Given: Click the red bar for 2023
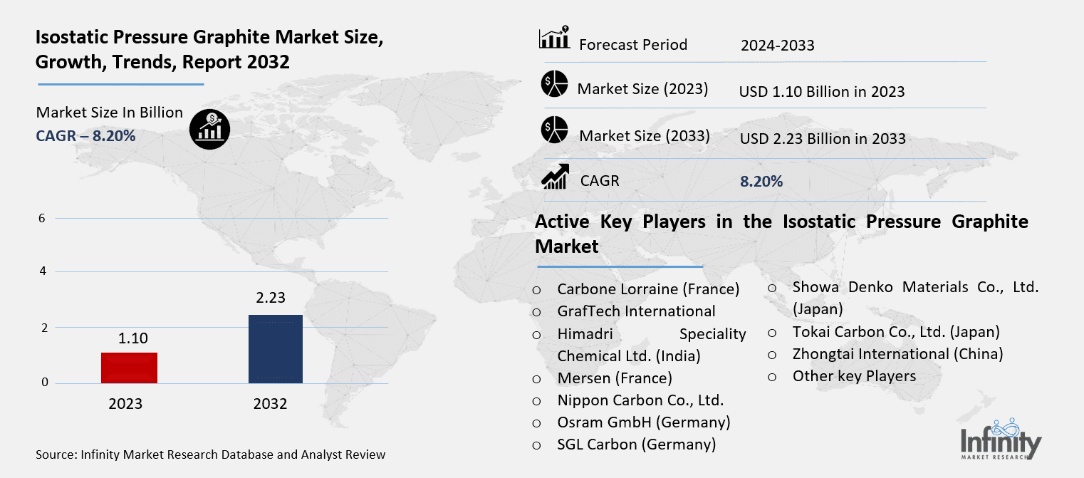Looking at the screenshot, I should point(129,368).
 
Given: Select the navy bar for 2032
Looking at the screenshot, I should point(275,348).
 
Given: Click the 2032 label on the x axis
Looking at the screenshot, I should point(270,404).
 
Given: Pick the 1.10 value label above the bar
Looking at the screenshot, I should point(132,338).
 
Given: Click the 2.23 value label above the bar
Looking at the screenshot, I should point(271,298).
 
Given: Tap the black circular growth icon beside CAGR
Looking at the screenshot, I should point(209,128).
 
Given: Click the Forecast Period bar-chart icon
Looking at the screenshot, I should point(554,38).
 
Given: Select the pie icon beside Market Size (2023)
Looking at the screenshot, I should point(553,84).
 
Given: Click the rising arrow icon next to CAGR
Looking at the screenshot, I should point(555,177).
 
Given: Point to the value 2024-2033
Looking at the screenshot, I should point(777,46).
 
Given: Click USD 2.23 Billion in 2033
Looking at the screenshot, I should point(823,138).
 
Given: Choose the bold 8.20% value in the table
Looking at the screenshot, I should point(761,182).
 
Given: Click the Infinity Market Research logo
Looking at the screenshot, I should point(1001,437).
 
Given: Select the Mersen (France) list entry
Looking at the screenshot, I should point(614,378).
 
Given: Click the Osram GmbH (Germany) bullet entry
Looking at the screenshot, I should point(644,422).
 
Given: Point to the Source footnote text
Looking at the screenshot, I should point(210,454).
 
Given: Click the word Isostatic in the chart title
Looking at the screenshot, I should point(71,40).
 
